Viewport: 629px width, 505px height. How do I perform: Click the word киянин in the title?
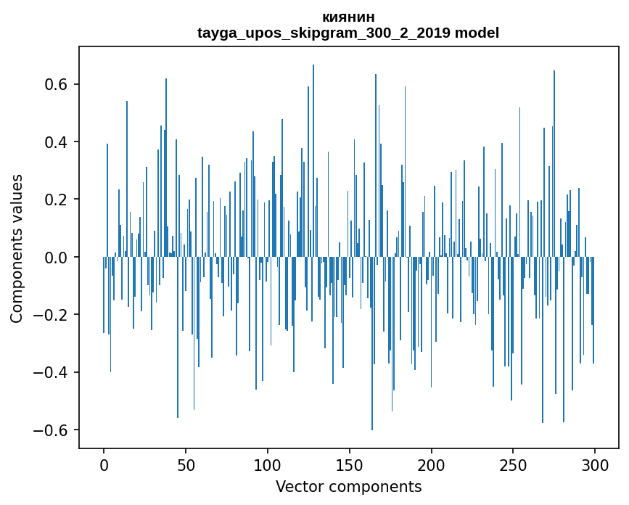tap(348, 17)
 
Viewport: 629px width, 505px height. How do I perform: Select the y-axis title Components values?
tap(17, 248)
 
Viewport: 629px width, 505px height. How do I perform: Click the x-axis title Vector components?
tap(348, 486)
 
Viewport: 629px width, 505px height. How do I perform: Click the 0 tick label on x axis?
tap(104, 464)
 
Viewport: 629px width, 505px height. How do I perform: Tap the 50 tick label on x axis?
tap(186, 464)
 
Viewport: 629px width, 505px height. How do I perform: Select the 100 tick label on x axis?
tap(268, 464)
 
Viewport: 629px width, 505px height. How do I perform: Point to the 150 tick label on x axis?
tap(350, 464)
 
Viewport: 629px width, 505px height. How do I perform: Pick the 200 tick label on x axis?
tap(432, 464)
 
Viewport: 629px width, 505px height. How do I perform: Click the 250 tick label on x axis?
tap(514, 464)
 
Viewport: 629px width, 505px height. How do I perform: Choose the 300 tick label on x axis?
tap(595, 464)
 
